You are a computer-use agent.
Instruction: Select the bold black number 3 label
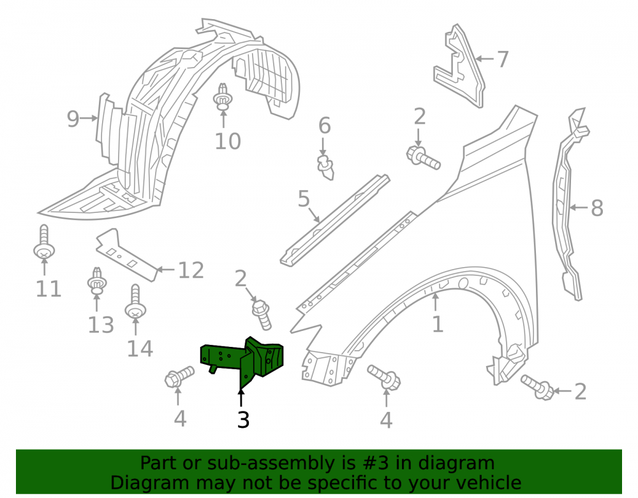[x=243, y=420]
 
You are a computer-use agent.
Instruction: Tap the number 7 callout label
[x=503, y=59]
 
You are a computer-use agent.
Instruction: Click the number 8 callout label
[x=597, y=208]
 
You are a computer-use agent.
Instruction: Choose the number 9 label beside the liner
[x=73, y=119]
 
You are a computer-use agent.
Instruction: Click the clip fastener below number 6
[x=325, y=166]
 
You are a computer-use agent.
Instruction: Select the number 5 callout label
[x=304, y=199]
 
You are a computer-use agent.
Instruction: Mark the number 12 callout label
[x=191, y=270]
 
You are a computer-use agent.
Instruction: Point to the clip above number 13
[x=97, y=281]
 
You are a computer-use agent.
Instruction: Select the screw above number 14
[x=135, y=302]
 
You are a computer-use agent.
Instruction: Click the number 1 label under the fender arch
[x=438, y=325]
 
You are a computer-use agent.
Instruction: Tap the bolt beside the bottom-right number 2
[x=538, y=387]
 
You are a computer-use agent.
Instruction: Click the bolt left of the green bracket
[x=179, y=377]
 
